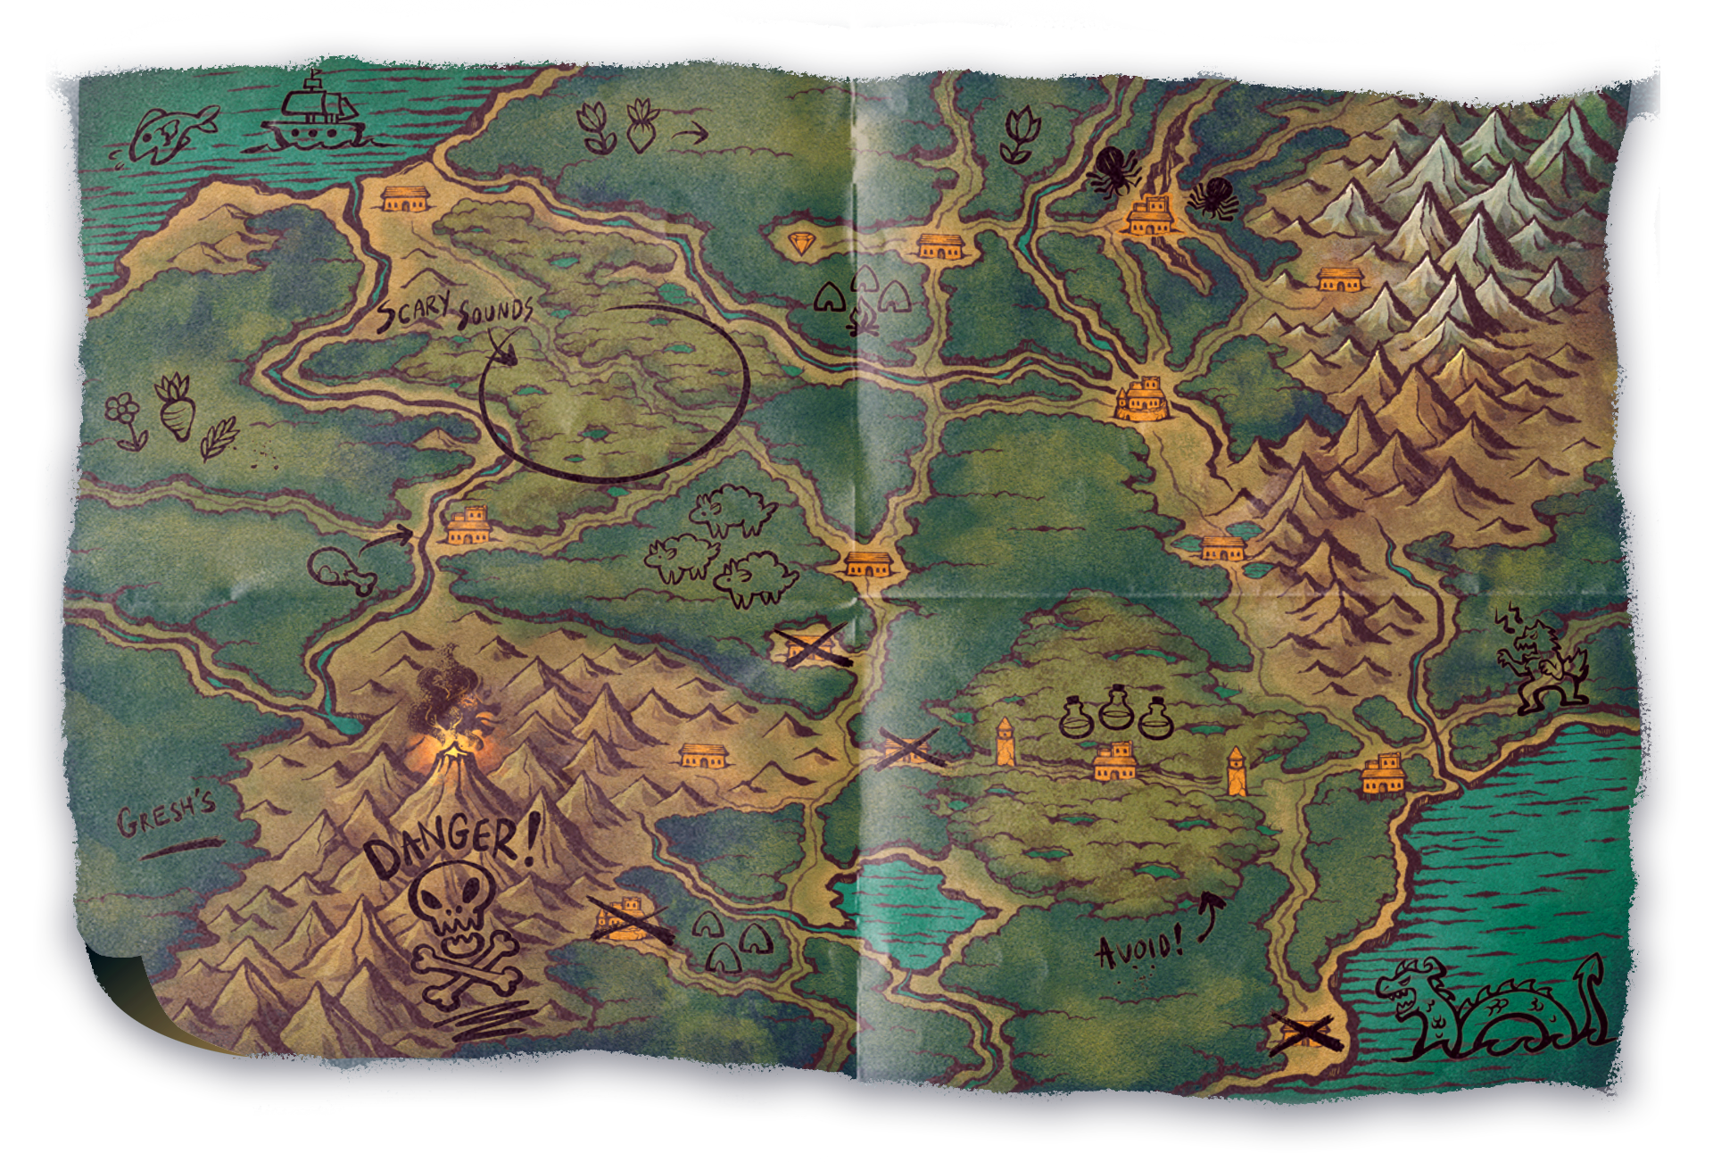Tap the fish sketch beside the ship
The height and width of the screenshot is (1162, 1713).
coord(172,134)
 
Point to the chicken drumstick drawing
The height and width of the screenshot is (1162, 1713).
coord(340,570)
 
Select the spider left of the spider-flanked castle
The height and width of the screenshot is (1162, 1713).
coord(1112,172)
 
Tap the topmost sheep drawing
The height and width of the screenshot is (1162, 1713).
coord(733,509)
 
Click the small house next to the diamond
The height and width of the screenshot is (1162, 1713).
coord(939,245)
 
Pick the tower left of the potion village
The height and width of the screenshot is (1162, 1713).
coord(1005,742)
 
